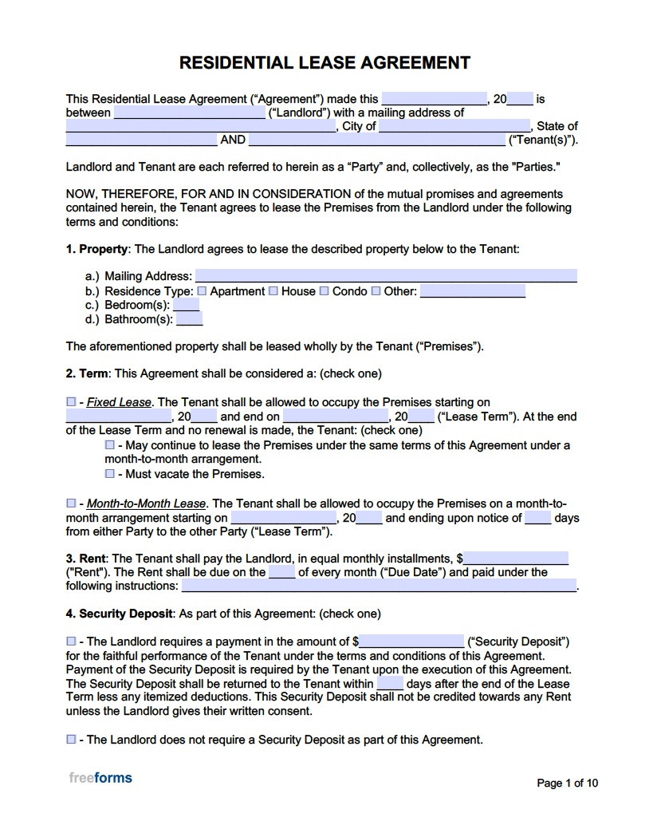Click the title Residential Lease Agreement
point(325,62)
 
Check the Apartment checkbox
point(202,291)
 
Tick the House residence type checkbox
point(273,291)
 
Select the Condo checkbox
point(325,291)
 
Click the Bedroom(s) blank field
point(187,306)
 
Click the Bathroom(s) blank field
point(189,320)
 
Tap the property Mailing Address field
point(386,277)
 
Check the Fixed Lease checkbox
point(71,402)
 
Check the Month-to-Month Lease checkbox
point(71,503)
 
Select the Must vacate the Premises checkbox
point(110,474)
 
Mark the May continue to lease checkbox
point(110,445)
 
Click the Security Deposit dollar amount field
point(411,642)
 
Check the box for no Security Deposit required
point(71,740)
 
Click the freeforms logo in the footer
point(100,778)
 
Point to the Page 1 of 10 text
point(567,783)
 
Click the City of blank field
point(454,126)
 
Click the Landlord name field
point(190,113)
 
